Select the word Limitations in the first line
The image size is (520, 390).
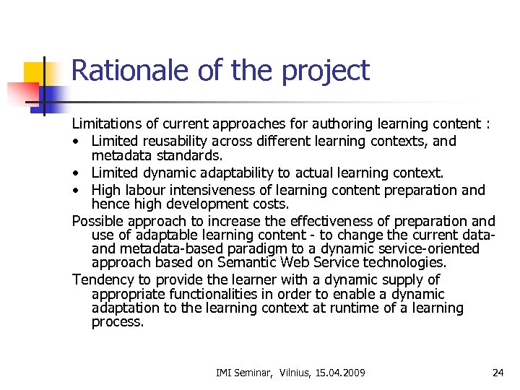click(x=108, y=124)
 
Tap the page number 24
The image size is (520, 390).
click(x=498, y=373)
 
